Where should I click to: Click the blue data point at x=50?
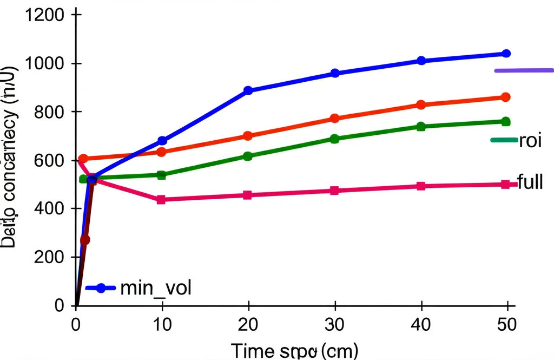point(506,54)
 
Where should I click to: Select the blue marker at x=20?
point(248,90)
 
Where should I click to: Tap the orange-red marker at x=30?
point(334,118)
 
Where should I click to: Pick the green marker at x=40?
point(420,127)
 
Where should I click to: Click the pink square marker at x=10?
point(161,200)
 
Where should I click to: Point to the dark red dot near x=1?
point(85,239)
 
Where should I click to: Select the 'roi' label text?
point(531,141)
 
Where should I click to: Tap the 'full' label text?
point(530,182)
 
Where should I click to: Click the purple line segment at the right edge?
point(524,70)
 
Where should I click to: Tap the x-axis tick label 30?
point(334,324)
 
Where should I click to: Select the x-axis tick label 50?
point(506,324)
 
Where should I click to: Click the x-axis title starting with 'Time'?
point(294,350)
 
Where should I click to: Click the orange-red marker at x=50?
point(506,97)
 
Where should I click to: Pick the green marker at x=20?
point(248,156)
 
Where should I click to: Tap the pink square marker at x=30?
point(334,191)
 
